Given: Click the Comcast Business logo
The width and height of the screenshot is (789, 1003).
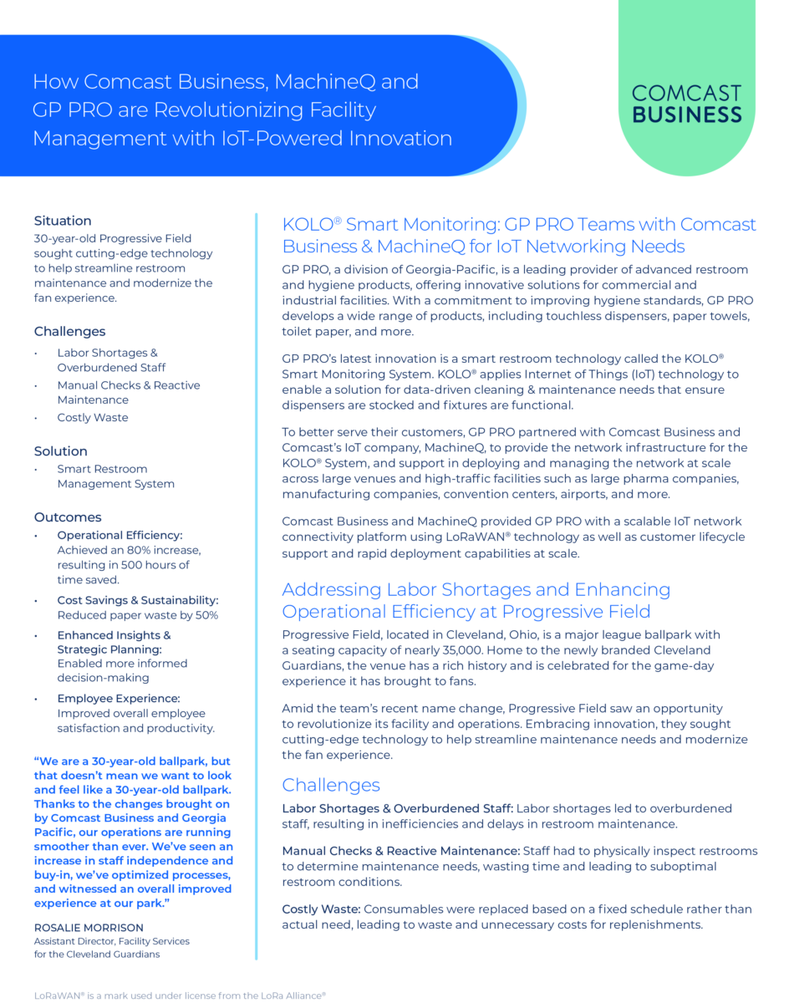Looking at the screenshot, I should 687,104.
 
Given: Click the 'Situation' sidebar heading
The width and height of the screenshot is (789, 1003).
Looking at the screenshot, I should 63,221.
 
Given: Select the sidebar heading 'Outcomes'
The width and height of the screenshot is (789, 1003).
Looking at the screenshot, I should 68,517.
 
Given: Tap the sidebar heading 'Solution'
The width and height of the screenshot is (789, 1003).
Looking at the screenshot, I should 61,451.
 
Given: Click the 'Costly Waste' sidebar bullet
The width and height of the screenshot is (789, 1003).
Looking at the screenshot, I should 93,418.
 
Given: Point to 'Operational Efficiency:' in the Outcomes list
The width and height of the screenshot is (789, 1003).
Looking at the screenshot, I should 120,535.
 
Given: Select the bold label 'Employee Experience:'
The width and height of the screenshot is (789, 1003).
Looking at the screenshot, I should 119,699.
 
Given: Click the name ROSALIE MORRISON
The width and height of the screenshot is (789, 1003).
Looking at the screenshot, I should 89,927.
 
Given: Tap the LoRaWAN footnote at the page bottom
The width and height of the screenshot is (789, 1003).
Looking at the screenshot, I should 180,995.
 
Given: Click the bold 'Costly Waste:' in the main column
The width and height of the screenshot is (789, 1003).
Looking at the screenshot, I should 321,909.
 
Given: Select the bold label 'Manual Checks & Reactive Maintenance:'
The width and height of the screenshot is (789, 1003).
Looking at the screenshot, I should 400,851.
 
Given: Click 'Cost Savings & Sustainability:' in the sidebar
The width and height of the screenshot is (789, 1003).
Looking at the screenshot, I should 138,600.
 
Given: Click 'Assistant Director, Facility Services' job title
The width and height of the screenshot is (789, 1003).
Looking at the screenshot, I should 112,941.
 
